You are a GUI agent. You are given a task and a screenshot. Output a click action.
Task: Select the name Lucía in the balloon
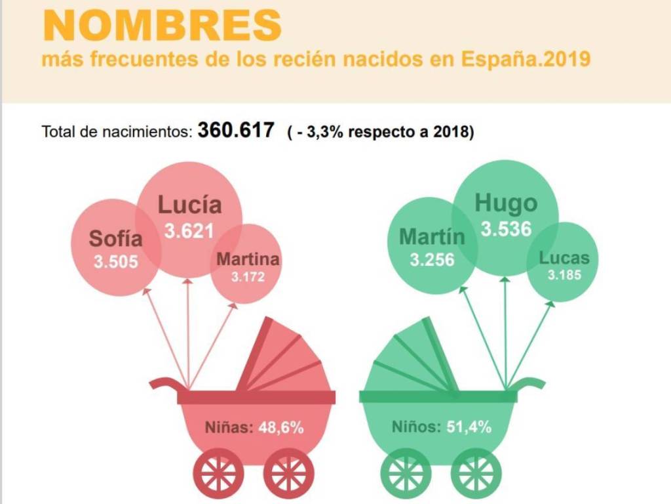189,205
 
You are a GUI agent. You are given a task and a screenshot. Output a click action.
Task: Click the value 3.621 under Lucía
189,231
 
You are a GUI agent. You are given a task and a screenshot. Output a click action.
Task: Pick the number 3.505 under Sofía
116,262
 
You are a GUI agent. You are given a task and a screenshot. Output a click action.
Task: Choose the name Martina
248,259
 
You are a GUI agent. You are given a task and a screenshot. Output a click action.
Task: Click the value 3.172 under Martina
248,277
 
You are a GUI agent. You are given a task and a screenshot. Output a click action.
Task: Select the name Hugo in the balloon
505,203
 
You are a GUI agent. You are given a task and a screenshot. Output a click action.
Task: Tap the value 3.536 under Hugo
505,230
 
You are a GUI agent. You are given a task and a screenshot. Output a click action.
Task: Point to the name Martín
432,236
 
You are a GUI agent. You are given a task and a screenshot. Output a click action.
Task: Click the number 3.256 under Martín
432,260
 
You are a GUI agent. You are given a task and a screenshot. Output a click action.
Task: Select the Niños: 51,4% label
442,427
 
